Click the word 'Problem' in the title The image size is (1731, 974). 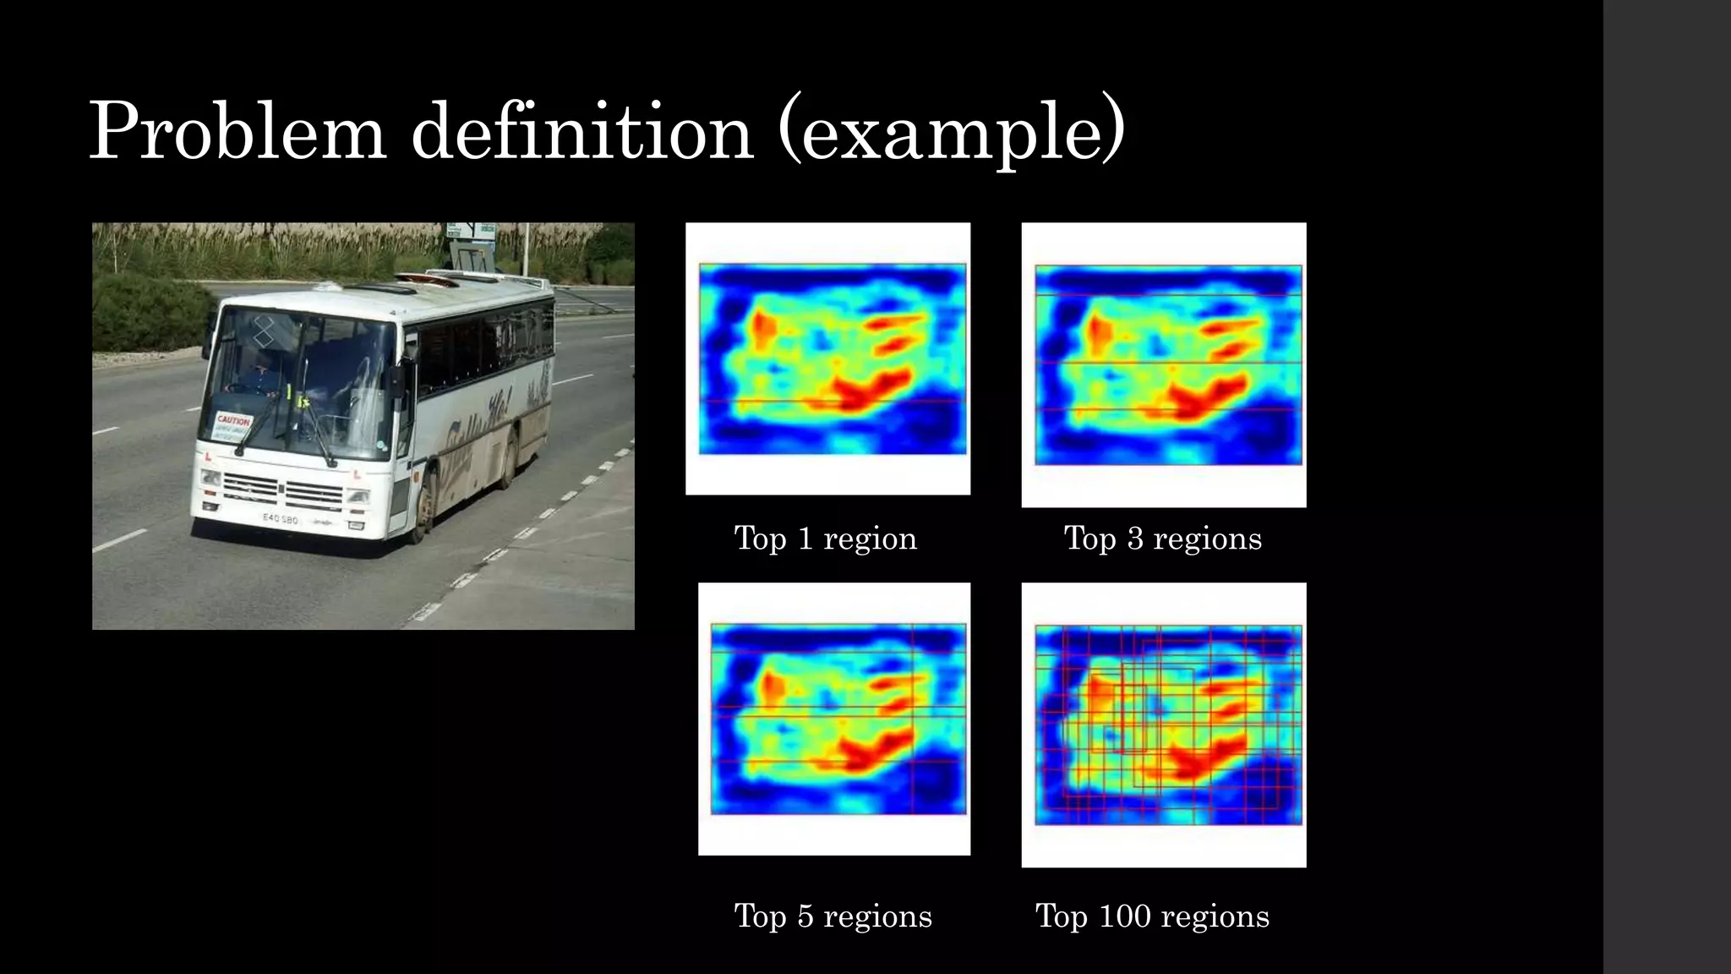238,132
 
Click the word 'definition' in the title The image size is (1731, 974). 582,132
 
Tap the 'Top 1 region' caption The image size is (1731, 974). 825,539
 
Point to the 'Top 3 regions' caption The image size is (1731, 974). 1162,539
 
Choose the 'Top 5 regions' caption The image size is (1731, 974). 833,917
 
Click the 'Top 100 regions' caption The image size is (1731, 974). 1152,917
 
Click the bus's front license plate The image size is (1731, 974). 281,518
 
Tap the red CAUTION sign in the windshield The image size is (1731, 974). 233,421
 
